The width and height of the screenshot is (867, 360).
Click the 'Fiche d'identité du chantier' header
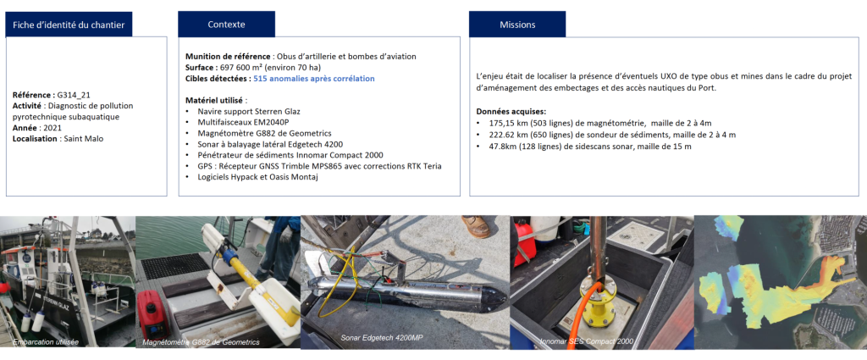[x=69, y=25]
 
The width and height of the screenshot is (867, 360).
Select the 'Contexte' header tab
[x=226, y=25]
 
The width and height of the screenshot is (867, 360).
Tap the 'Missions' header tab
[x=517, y=25]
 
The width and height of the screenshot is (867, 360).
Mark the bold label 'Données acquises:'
[x=511, y=111]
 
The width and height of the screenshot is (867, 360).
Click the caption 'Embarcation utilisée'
[x=46, y=341]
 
